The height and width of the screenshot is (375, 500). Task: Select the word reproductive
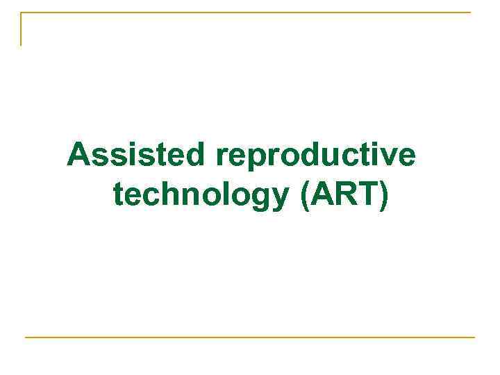(316, 156)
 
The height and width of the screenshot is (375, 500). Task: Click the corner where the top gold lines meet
(21, 12)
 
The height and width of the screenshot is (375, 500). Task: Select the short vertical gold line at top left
(21, 29)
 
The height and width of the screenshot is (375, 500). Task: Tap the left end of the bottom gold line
(26, 337)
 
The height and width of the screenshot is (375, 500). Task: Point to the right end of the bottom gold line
(474, 337)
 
